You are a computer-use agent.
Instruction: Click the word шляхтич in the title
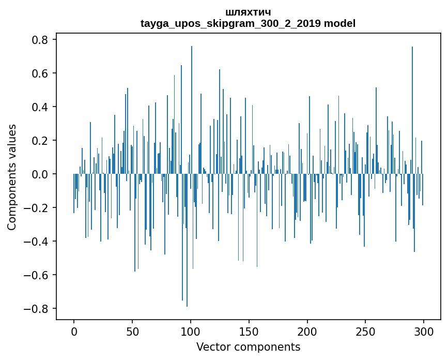pos(248,12)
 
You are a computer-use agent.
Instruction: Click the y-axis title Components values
pos(12,177)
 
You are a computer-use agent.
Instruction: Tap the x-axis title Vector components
pos(248,347)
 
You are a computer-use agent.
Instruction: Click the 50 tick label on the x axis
pos(132,332)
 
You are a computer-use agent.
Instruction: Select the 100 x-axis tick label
pos(191,332)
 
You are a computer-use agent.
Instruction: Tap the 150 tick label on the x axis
pos(249,332)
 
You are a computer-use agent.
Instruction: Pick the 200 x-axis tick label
pos(307,332)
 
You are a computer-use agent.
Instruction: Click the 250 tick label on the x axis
pos(366,332)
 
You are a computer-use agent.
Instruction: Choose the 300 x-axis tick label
pos(424,332)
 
